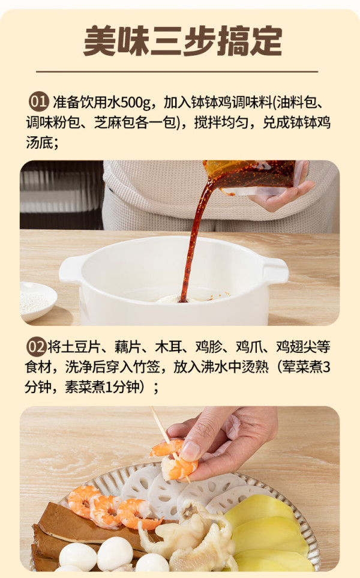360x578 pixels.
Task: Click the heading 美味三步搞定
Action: tap(183, 41)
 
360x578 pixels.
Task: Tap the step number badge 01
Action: tap(38, 102)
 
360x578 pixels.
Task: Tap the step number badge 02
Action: tap(36, 347)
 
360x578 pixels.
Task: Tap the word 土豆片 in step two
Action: tap(80, 347)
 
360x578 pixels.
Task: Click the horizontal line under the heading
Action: tap(177, 71)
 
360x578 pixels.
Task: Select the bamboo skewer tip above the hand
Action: tap(151, 408)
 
